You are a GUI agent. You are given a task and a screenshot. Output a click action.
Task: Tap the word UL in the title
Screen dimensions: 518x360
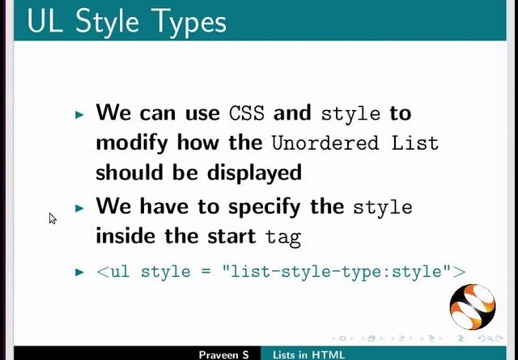pyautogui.click(x=45, y=21)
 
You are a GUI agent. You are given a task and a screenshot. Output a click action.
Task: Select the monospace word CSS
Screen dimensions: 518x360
pyautogui.click(x=247, y=113)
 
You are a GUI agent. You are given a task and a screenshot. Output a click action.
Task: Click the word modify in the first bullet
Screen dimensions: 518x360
pyautogui.click(x=132, y=144)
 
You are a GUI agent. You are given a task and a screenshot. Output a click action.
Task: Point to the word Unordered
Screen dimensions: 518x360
pyautogui.click(x=325, y=143)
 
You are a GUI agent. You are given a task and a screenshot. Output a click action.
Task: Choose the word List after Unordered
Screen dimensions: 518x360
pyautogui.click(x=415, y=142)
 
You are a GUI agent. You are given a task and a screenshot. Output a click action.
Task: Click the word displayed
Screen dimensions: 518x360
pyautogui.click(x=254, y=173)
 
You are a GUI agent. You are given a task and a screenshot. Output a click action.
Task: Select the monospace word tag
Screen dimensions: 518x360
pyautogui.click(x=283, y=237)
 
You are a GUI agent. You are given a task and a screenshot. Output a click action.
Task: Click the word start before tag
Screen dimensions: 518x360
pyautogui.click(x=231, y=236)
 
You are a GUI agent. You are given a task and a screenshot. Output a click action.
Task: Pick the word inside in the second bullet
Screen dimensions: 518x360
pyautogui.click(x=125, y=235)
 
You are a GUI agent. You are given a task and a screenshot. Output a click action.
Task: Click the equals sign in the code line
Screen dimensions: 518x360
pyautogui.click(x=206, y=272)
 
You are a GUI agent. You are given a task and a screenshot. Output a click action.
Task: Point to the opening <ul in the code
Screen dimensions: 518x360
pyautogui.click(x=113, y=272)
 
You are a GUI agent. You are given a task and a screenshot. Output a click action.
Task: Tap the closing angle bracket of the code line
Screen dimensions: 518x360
pyautogui.click(x=459, y=272)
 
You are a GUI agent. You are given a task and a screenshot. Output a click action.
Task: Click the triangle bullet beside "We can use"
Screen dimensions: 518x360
pyautogui.click(x=79, y=115)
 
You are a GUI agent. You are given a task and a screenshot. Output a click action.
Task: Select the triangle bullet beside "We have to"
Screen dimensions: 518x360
pyautogui.click(x=79, y=208)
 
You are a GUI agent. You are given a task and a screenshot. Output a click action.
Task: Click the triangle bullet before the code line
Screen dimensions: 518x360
pyautogui.click(x=79, y=272)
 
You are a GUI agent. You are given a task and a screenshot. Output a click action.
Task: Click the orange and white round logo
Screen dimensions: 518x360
pyautogui.click(x=473, y=307)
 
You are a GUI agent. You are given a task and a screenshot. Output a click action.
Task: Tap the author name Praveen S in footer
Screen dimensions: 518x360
pyautogui.click(x=223, y=355)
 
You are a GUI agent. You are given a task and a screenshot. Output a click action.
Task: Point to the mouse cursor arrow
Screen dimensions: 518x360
pyautogui.click(x=52, y=218)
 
